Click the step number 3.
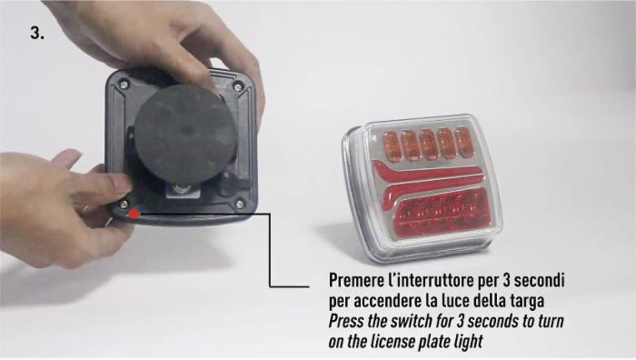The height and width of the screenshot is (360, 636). coord(37,33)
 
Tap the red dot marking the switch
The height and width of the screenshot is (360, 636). coord(134,213)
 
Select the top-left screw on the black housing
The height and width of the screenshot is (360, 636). coord(124,85)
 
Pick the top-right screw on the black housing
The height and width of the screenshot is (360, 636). coord(238,86)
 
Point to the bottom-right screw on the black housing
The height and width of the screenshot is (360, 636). coord(240,204)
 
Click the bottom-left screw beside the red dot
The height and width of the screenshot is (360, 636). coord(124,204)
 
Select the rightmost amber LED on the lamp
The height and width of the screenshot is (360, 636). coord(463,141)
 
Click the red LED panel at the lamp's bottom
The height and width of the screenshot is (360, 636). coord(442,213)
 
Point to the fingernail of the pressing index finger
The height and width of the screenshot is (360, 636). coord(122,184)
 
